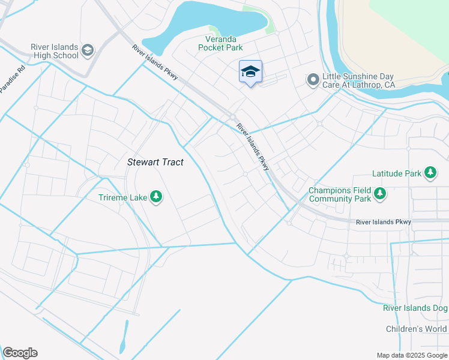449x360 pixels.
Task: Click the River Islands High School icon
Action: click(x=88, y=49)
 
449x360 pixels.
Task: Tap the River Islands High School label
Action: click(x=55, y=51)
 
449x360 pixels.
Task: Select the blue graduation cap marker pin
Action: click(x=250, y=72)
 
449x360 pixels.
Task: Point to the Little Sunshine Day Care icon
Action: click(x=313, y=80)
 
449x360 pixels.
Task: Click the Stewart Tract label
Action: click(x=155, y=162)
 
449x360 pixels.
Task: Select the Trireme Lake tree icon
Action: click(x=156, y=196)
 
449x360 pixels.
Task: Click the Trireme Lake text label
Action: click(x=123, y=196)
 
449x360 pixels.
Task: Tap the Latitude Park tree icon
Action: click(x=430, y=173)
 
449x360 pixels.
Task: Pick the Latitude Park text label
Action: click(x=396, y=173)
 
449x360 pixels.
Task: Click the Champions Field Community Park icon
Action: click(x=379, y=194)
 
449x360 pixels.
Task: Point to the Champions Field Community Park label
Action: click(x=339, y=194)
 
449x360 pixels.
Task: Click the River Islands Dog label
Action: click(x=415, y=308)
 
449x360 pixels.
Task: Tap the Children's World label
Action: click(x=417, y=329)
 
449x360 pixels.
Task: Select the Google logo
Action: click(x=20, y=353)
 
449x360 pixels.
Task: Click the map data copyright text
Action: click(x=412, y=355)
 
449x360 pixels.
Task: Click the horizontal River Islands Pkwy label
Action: click(x=384, y=222)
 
